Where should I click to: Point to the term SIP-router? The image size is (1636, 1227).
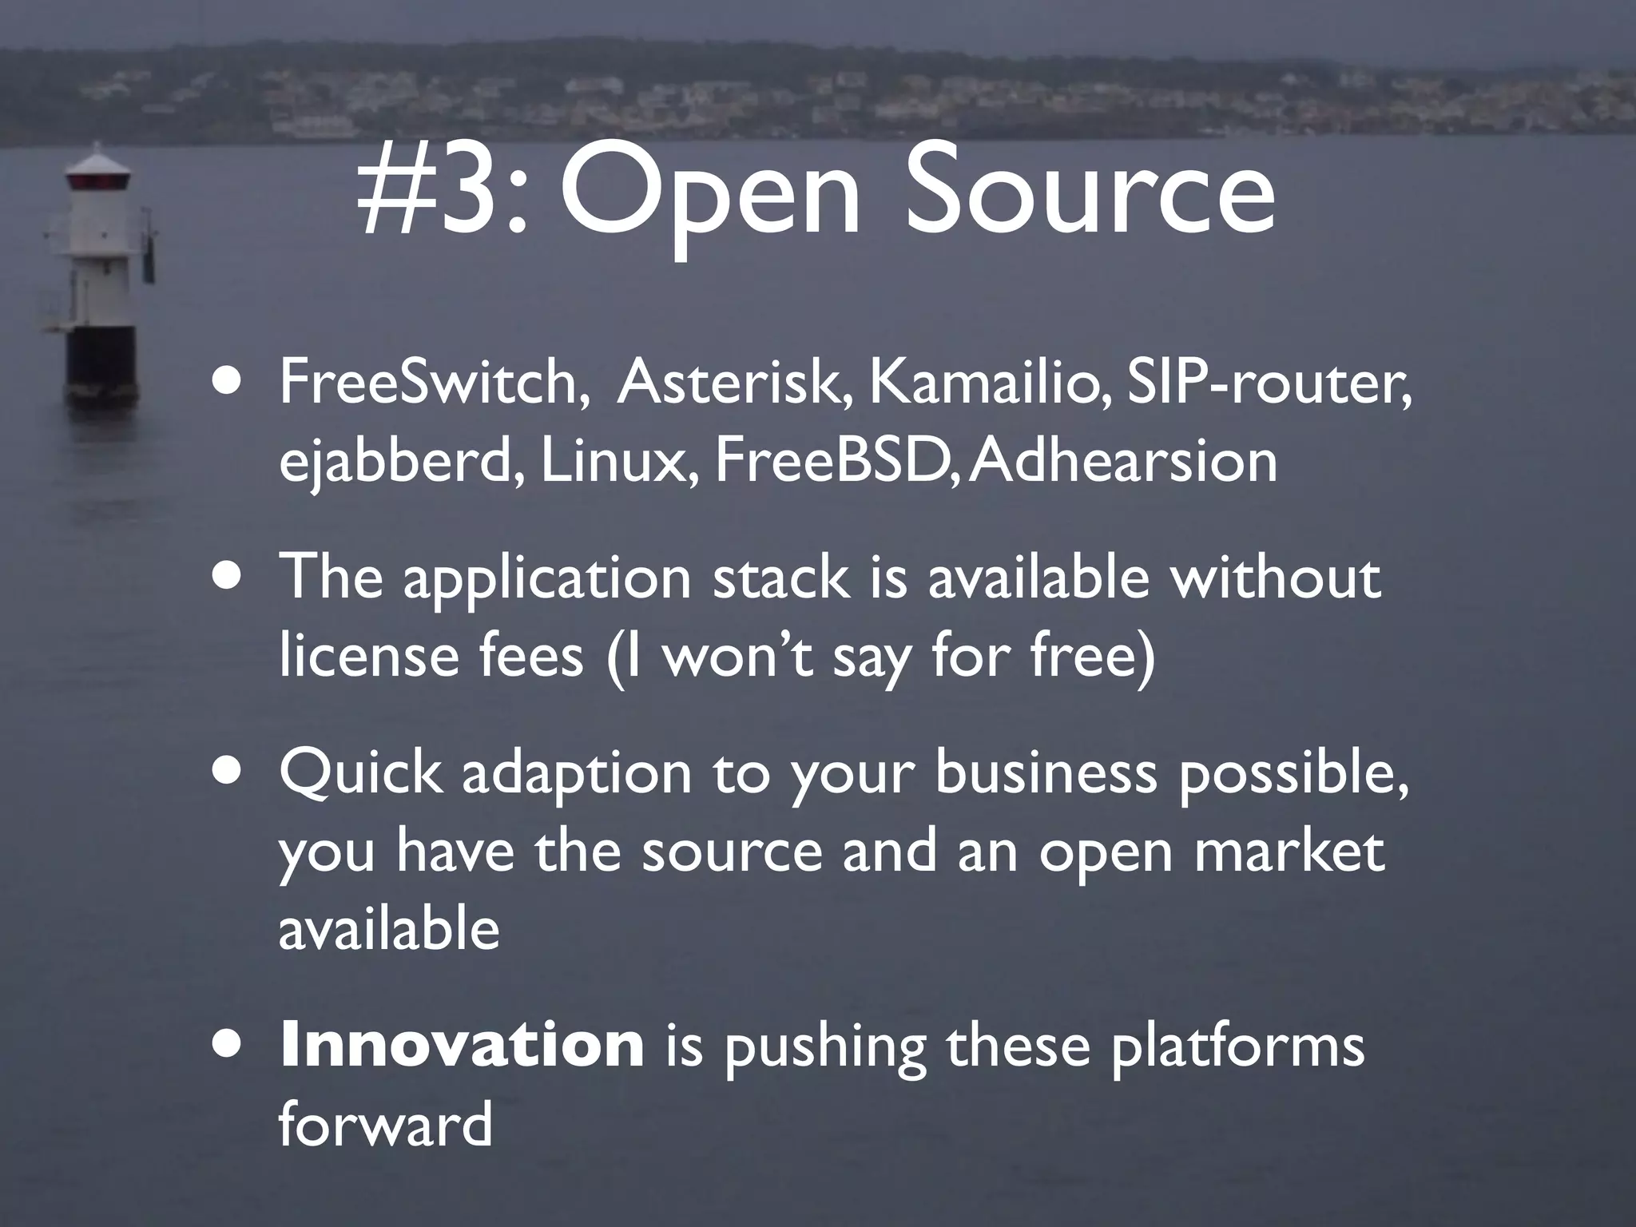point(1268,383)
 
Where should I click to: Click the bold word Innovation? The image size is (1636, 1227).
point(462,1045)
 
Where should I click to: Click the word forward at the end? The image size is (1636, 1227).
point(385,1124)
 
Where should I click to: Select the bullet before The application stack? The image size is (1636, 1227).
point(229,578)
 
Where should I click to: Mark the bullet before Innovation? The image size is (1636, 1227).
point(229,1046)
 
